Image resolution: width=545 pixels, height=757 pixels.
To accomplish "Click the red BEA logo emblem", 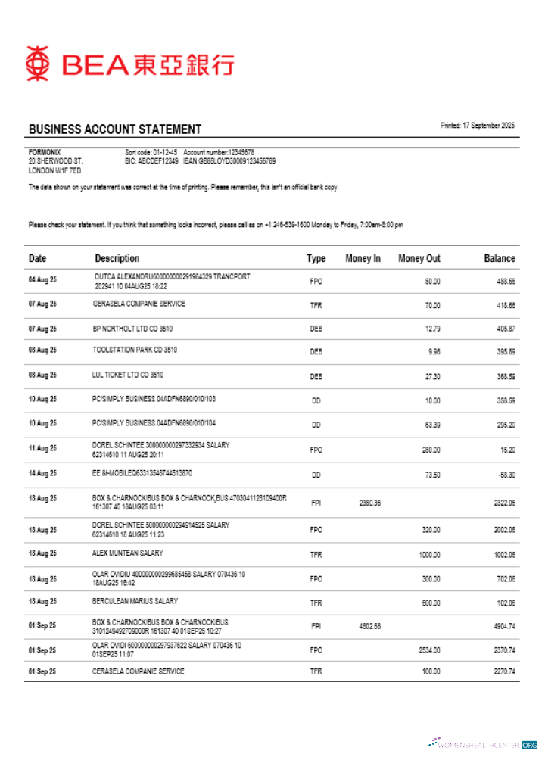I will (x=38, y=64).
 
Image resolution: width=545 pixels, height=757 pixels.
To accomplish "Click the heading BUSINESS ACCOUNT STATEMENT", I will (x=115, y=129).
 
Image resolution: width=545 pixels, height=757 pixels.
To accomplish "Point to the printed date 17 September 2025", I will (x=478, y=126).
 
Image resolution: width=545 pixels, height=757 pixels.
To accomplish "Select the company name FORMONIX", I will (x=45, y=152).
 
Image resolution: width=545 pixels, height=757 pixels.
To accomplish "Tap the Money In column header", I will (x=363, y=258).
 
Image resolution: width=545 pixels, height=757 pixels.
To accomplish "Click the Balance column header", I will (x=500, y=258).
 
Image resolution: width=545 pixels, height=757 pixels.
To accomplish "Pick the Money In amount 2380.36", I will (x=369, y=502).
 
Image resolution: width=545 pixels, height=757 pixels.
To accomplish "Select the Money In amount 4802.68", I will (x=369, y=626).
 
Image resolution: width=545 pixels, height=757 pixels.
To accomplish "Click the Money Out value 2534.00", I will (x=429, y=650).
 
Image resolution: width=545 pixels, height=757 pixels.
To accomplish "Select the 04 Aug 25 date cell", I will (x=42, y=280).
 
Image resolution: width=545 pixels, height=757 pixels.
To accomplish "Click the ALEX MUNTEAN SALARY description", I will (x=127, y=553).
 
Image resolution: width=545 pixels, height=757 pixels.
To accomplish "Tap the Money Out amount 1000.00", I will (x=429, y=555).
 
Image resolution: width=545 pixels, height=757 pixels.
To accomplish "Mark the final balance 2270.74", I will (x=503, y=671).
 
